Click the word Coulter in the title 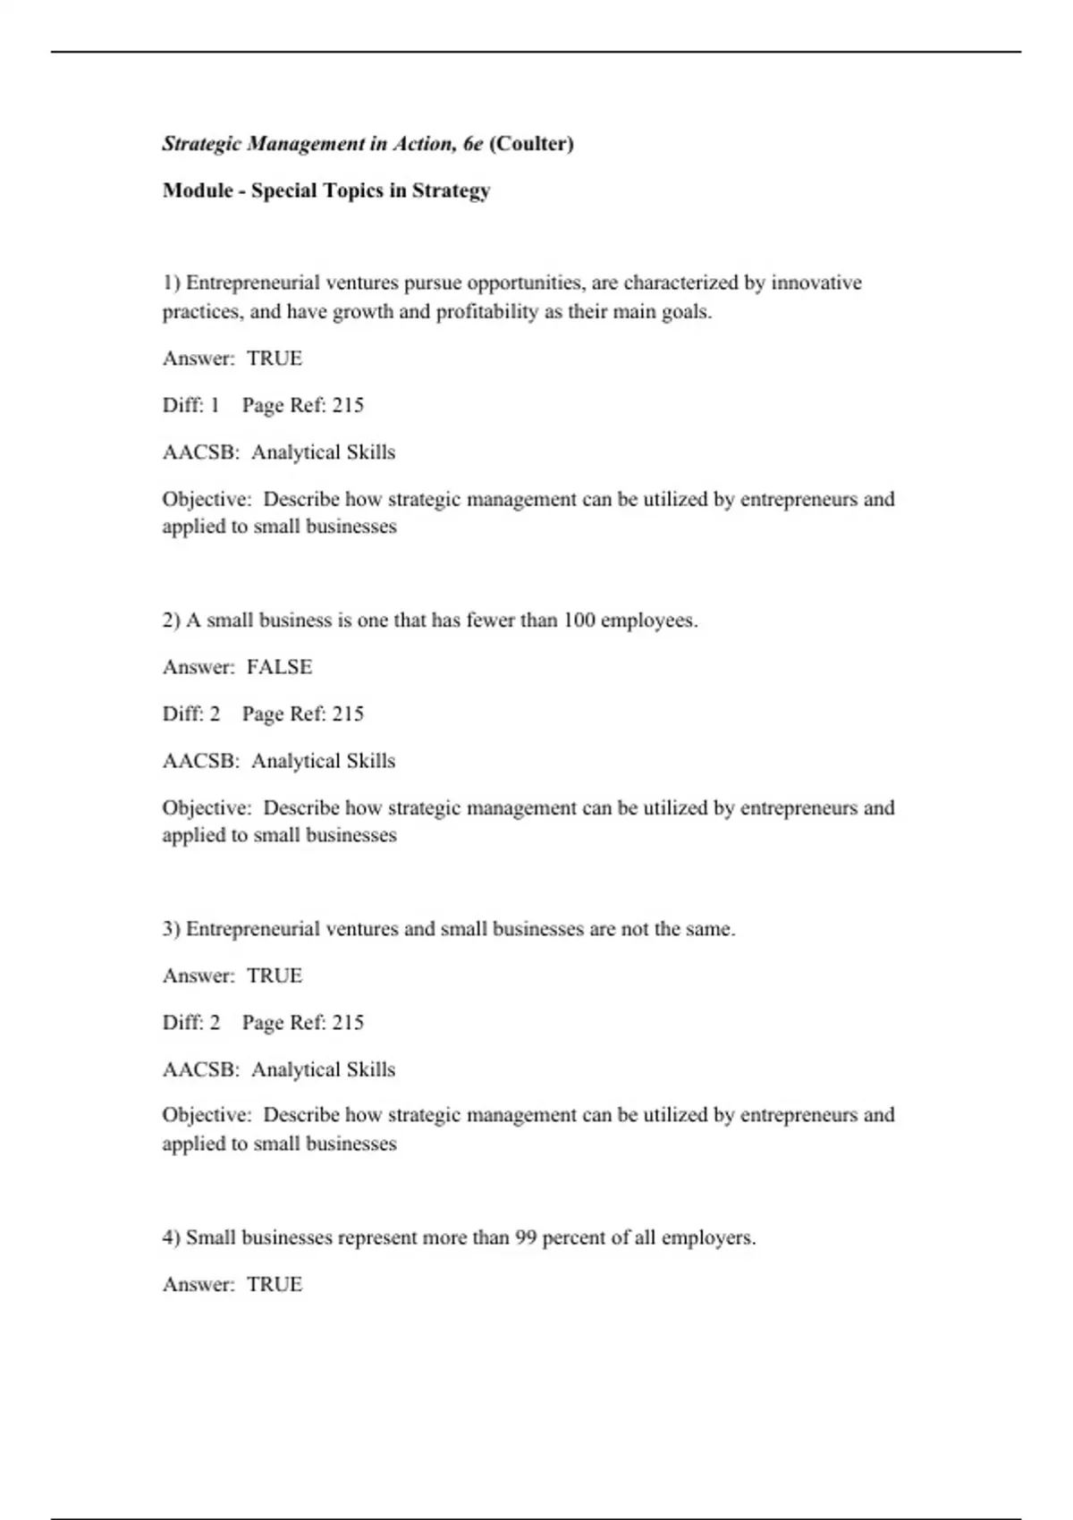point(531,144)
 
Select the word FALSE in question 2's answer point(279,667)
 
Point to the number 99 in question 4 point(526,1237)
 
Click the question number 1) point(172,283)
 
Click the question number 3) point(172,929)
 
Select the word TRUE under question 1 point(275,359)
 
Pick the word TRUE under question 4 point(275,1285)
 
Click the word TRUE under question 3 point(275,975)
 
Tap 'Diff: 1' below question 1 point(190,405)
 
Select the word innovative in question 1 point(816,283)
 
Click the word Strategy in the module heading point(451,191)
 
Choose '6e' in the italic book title point(473,144)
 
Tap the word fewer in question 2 point(490,621)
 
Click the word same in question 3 point(710,929)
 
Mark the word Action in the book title point(424,144)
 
